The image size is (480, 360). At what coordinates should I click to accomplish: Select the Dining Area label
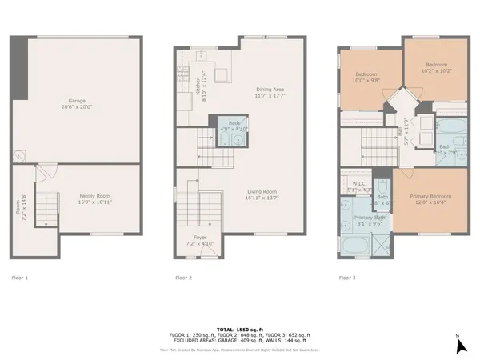[x=270, y=89]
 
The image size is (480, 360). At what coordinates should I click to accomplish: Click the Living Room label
[x=262, y=191]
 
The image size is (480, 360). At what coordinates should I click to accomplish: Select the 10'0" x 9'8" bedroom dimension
[x=368, y=79]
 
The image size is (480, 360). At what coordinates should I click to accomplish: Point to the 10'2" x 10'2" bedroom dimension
[x=436, y=70]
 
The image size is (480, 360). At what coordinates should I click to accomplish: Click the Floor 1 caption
[x=19, y=278]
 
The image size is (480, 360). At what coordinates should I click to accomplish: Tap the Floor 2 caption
[x=183, y=278]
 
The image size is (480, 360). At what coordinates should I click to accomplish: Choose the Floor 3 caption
[x=347, y=278]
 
